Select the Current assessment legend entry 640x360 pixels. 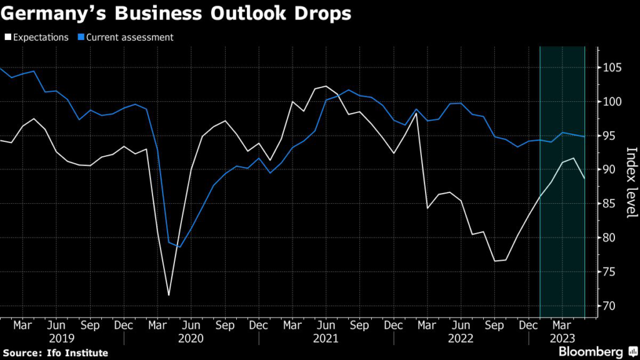(x=129, y=37)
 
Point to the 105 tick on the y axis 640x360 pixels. (x=613, y=67)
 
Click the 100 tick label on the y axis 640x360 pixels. (x=613, y=102)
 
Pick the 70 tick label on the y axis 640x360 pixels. (x=611, y=306)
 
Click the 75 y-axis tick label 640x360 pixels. (x=611, y=272)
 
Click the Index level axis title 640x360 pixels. (x=630, y=182)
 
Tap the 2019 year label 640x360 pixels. (x=62, y=338)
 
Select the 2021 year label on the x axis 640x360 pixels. (x=326, y=338)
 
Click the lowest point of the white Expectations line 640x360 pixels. (x=169, y=295)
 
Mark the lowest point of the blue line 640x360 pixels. (x=180, y=247)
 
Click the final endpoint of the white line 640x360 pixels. (x=584, y=179)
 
